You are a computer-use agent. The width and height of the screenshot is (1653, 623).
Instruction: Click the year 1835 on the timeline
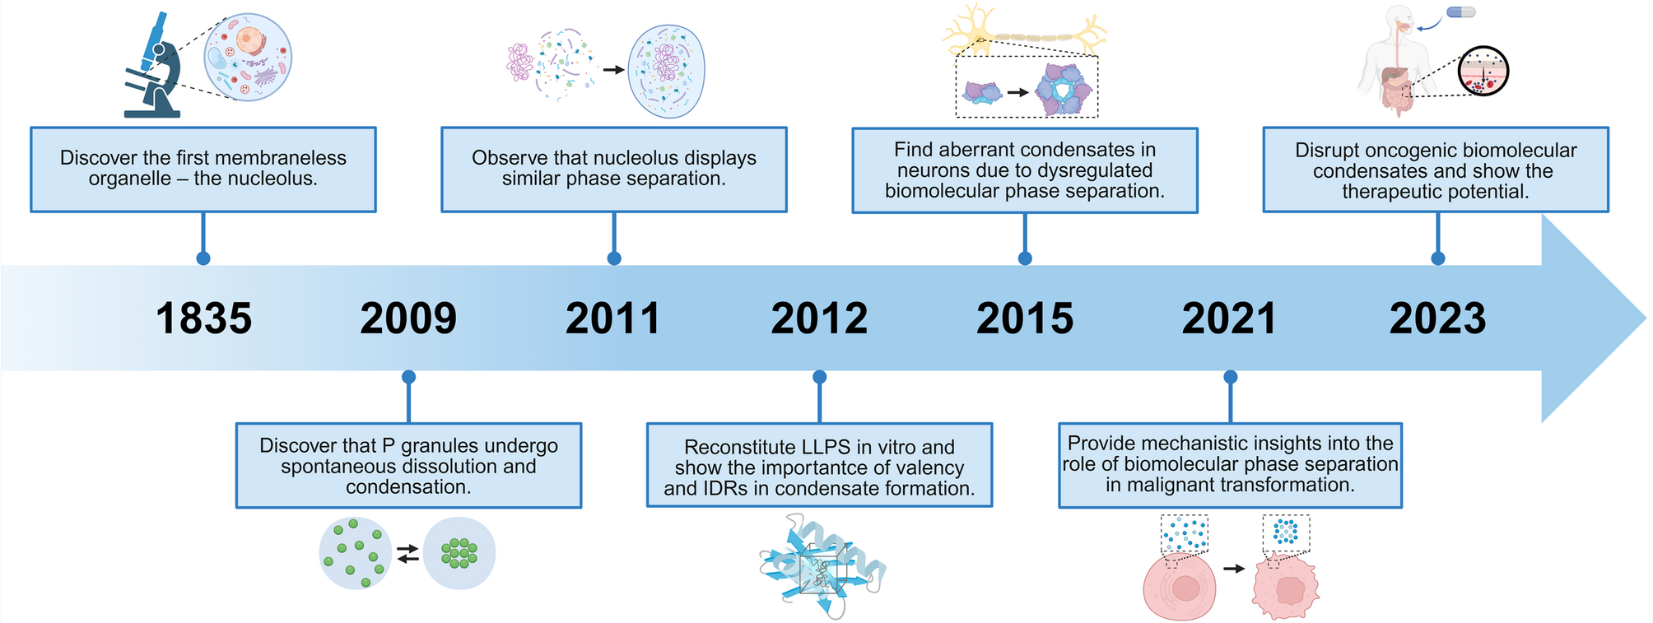203,318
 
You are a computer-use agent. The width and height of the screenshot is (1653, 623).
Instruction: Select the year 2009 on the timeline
408,318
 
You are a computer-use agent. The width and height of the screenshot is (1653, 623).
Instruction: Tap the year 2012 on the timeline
819,318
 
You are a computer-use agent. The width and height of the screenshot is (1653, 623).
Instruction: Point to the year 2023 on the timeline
1437,318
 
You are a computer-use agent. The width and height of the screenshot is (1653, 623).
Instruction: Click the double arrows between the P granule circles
407,554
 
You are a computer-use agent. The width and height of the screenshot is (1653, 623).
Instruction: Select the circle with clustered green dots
459,553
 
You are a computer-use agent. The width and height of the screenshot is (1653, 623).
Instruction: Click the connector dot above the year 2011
614,258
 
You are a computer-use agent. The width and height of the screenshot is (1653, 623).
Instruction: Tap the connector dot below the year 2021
1230,377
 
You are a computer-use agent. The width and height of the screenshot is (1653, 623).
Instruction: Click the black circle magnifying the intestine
1483,71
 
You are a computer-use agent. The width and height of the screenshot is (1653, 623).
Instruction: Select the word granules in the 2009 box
442,445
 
